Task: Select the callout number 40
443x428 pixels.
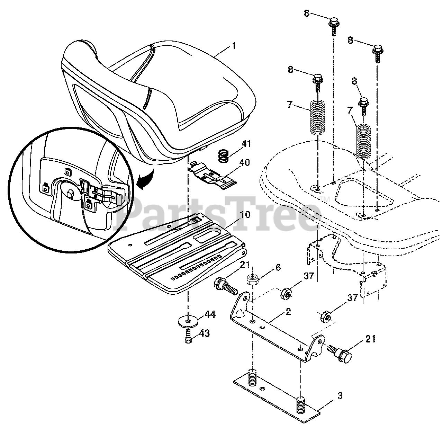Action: pyautogui.click(x=245, y=162)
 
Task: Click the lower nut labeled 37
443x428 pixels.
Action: pyautogui.click(x=326, y=316)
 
